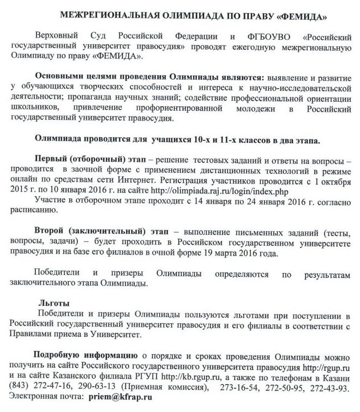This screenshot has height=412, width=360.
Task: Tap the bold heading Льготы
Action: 53,303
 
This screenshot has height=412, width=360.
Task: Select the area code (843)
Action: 21,387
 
